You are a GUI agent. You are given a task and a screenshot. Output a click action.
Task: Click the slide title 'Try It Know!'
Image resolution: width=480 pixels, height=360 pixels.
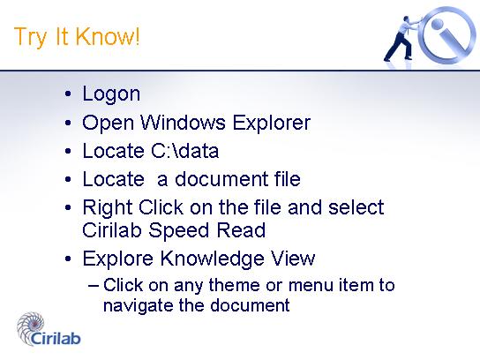[77, 37]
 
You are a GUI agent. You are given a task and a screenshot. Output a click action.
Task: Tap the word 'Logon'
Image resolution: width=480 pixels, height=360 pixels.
[111, 94]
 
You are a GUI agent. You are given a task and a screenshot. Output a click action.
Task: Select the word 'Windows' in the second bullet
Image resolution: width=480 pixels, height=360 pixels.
[183, 123]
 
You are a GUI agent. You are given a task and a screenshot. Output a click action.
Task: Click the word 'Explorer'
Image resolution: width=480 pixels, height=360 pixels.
[272, 124]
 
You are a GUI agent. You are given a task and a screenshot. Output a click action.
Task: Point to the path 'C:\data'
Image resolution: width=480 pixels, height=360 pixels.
[185, 151]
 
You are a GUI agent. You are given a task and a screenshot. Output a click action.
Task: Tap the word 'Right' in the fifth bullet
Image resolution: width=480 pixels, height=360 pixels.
[108, 208]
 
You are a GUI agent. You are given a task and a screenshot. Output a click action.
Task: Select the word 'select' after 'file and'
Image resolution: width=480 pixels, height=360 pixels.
[356, 207]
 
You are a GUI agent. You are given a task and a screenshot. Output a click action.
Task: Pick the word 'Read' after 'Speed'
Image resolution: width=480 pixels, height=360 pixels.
[241, 230]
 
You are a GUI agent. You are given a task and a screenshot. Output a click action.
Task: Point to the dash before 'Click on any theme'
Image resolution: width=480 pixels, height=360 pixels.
[94, 286]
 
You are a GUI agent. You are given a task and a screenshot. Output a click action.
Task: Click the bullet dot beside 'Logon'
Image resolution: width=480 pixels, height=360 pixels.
[68, 94]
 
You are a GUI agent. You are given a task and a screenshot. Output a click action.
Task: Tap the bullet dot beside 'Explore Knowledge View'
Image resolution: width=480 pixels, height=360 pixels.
[68, 259]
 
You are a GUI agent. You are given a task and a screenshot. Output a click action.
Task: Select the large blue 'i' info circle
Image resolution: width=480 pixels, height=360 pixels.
[448, 34]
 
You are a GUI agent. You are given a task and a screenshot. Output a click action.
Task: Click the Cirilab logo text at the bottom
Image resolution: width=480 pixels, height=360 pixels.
[56, 338]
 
